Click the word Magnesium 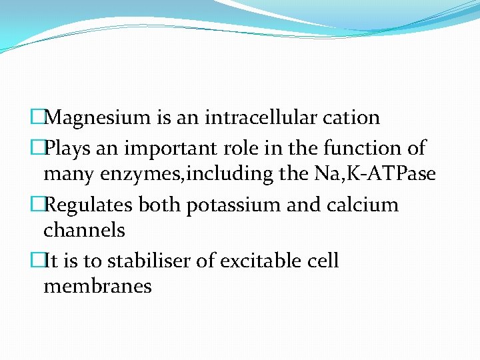pos(99,118)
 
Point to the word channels pos(84,231)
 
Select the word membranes pos(97,287)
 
